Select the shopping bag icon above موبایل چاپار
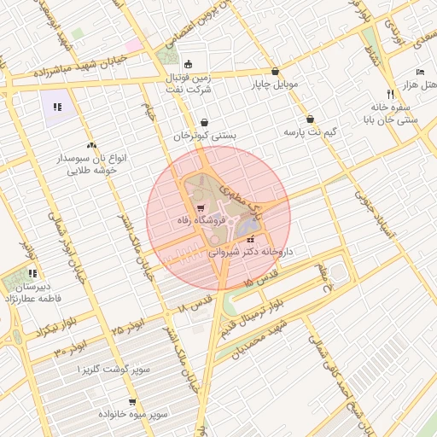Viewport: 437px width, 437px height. point(275,72)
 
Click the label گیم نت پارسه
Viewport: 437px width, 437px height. point(310,133)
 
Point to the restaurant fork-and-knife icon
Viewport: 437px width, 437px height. point(390,93)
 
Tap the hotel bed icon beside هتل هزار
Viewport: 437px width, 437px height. point(419,72)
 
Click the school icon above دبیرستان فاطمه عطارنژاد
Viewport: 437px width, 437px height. point(32,274)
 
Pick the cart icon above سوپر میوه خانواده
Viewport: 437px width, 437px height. point(132,401)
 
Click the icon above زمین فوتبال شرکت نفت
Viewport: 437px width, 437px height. point(189,64)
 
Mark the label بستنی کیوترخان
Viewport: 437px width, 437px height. point(205,135)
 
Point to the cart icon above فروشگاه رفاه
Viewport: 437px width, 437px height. point(200,208)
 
